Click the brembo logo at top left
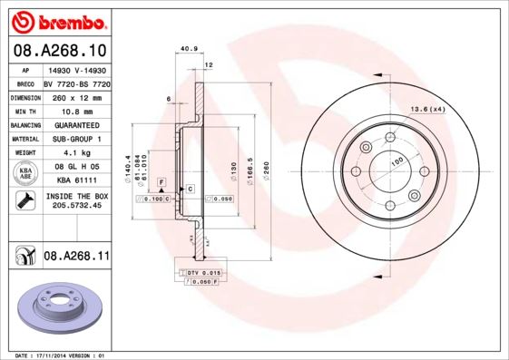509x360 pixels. [x=56, y=20]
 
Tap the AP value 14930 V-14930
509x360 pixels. [x=74, y=69]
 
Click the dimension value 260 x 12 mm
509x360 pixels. [x=74, y=96]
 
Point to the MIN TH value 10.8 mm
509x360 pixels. [x=74, y=110]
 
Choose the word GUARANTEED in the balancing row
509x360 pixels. [x=74, y=124]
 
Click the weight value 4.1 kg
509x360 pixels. [x=74, y=152]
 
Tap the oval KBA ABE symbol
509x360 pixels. [x=25, y=173]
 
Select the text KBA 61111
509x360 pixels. [x=74, y=180]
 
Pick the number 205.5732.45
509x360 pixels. [x=74, y=208]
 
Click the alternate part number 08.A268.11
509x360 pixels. [x=75, y=257]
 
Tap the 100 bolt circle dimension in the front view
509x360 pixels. [x=396, y=162]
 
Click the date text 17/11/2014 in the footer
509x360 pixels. [x=60, y=355]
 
